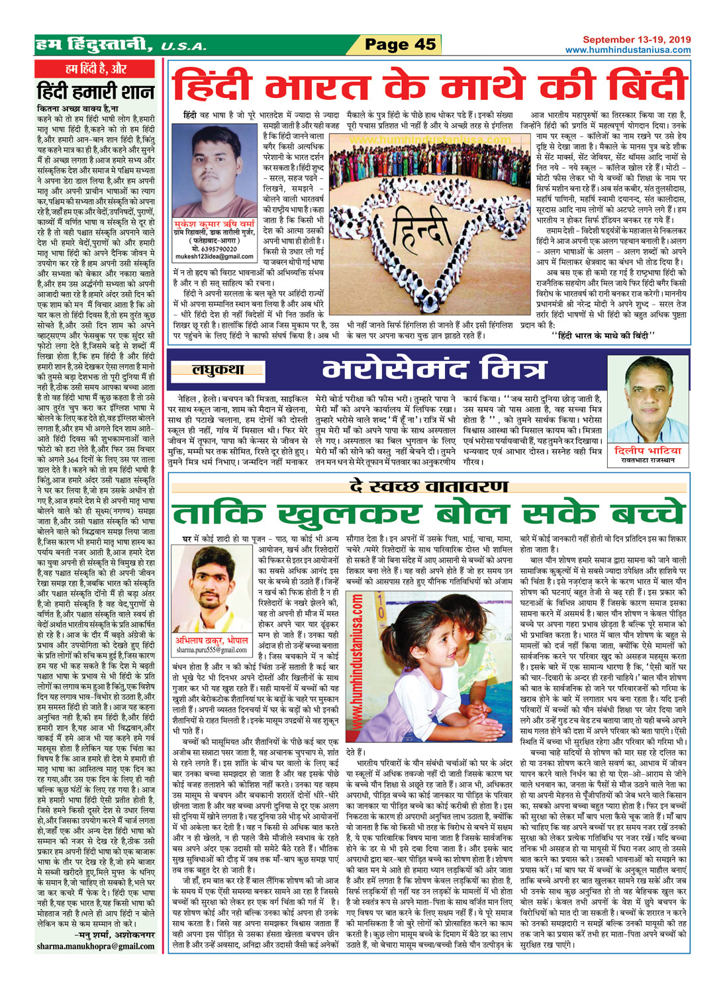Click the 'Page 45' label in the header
[401, 44]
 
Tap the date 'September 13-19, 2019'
[636, 40]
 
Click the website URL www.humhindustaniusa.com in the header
[628, 50]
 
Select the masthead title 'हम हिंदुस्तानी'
[95, 45]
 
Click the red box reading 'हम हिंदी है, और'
[97, 69]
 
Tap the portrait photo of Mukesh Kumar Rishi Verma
[213, 170]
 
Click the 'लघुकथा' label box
[218, 370]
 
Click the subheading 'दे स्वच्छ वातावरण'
[430, 487]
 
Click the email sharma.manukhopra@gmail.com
[96, 946]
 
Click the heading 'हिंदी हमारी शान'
[96, 91]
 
